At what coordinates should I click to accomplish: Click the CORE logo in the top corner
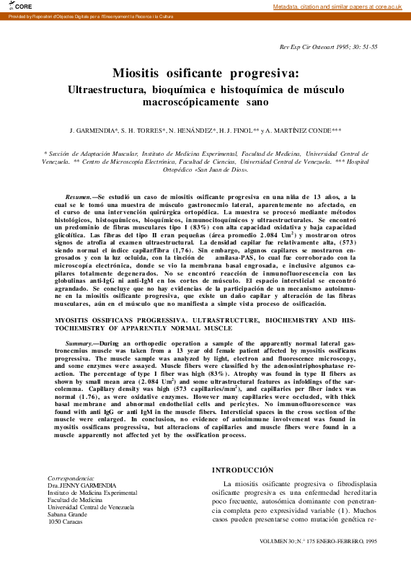[x=12, y=6]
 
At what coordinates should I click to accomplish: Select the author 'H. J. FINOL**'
[x=234, y=131]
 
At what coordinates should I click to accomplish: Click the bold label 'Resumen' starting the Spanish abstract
[x=79, y=196]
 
